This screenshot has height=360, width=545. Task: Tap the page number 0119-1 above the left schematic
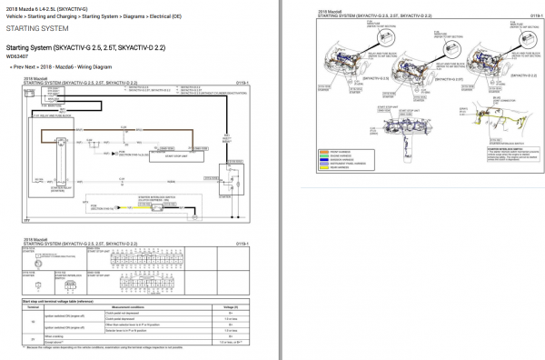[x=243, y=83]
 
